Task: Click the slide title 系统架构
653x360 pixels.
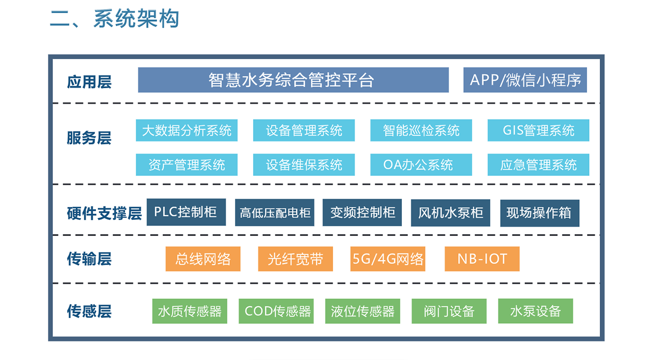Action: point(136,18)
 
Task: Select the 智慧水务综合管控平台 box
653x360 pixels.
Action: point(293,80)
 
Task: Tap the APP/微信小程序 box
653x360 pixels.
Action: point(525,80)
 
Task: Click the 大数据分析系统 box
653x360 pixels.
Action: point(187,130)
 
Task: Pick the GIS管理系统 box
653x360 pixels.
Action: point(538,130)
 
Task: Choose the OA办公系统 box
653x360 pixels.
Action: point(421,165)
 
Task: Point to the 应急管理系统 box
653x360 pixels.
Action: point(538,165)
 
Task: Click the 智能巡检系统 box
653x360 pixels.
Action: point(421,130)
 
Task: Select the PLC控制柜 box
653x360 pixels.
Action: point(186,212)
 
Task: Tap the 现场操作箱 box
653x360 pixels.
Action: point(540,213)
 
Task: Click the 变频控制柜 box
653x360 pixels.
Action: point(362,212)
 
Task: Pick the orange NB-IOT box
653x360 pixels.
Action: point(482,259)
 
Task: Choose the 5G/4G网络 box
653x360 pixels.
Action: point(388,259)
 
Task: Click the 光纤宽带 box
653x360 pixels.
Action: point(295,259)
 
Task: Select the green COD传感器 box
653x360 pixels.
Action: point(276,311)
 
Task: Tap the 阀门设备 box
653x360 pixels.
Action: point(449,311)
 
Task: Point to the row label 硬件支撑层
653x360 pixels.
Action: point(104,213)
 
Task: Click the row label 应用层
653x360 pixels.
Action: point(89,81)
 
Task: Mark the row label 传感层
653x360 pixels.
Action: point(89,311)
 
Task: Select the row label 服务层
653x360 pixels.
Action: point(89,138)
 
